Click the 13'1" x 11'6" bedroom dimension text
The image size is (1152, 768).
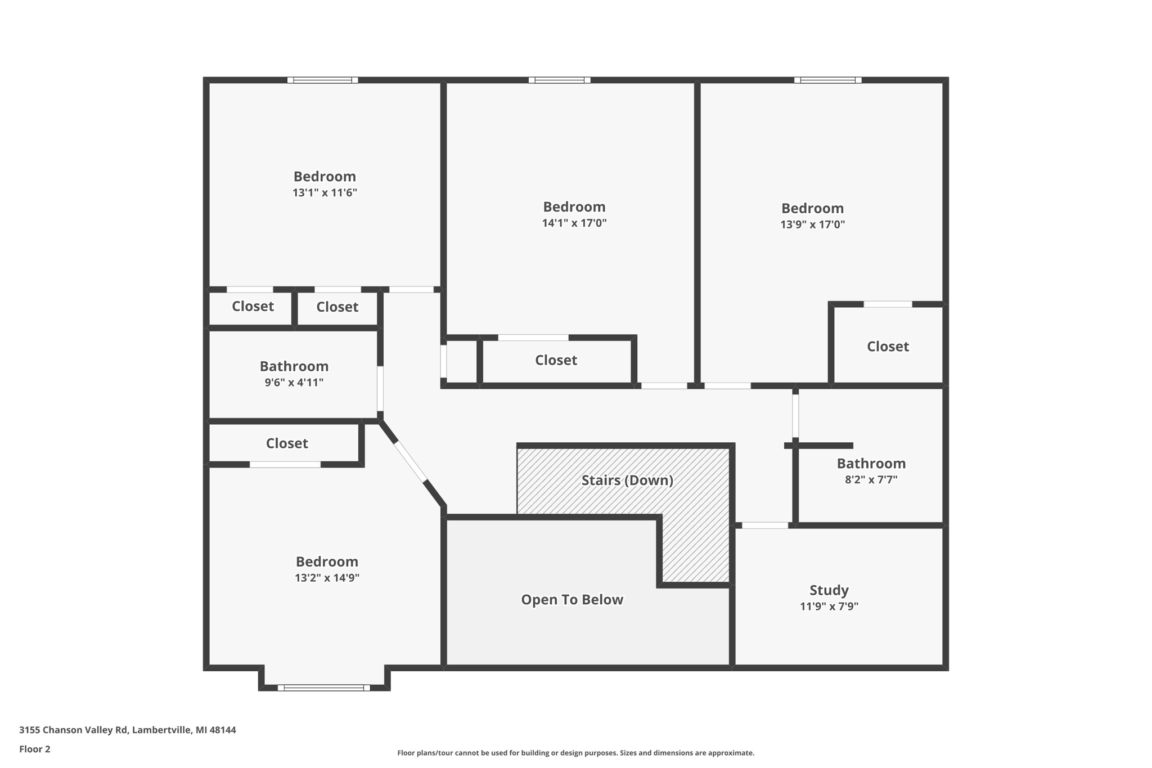(x=325, y=193)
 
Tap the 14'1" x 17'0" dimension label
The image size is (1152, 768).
(x=574, y=223)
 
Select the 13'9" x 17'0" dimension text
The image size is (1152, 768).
(x=812, y=225)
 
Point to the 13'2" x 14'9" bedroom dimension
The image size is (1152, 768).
(x=327, y=578)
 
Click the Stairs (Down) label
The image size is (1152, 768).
(x=627, y=480)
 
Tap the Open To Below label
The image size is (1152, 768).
(x=571, y=600)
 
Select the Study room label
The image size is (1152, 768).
(x=829, y=591)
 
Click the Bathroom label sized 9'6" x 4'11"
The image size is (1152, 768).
(x=294, y=367)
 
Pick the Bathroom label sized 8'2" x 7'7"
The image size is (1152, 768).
(x=871, y=464)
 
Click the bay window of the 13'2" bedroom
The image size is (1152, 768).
(x=323, y=688)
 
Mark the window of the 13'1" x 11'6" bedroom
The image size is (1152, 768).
(x=322, y=80)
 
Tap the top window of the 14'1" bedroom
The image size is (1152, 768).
(x=559, y=80)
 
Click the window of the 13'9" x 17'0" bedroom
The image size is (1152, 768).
(x=827, y=80)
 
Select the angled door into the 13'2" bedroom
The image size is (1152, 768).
(x=410, y=462)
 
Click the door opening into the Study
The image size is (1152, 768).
(x=764, y=526)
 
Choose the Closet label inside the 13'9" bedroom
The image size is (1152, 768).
(x=887, y=347)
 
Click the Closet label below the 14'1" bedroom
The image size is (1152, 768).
(x=555, y=361)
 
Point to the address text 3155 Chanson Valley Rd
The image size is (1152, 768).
(x=127, y=730)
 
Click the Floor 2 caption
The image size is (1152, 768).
(x=34, y=749)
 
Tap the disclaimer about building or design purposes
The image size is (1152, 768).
(x=575, y=753)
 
